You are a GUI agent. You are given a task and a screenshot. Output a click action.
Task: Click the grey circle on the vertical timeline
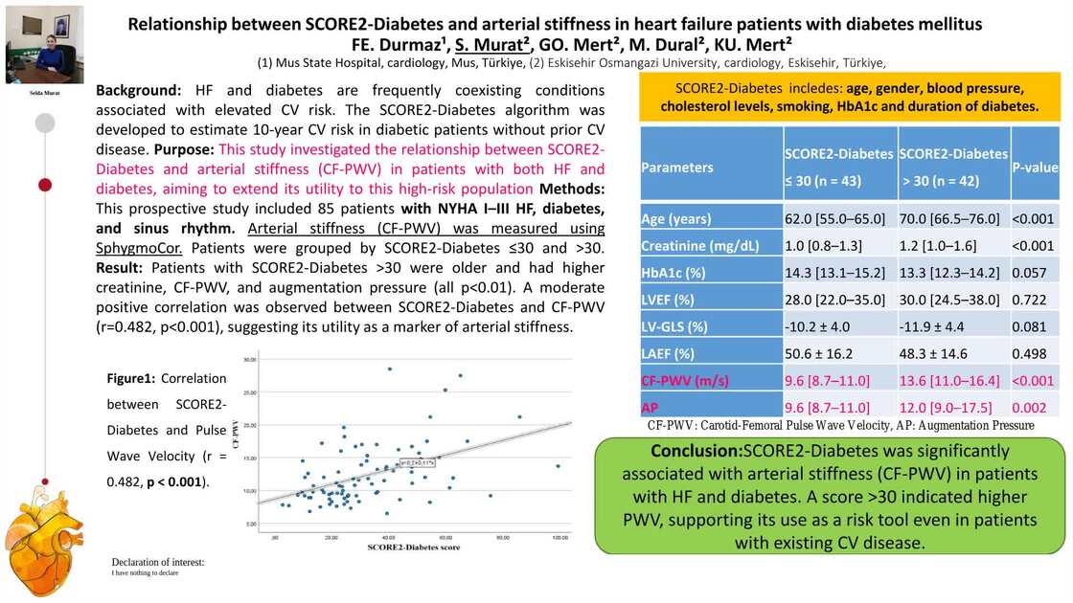[44, 123]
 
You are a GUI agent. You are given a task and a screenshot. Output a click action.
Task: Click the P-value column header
[1035, 167]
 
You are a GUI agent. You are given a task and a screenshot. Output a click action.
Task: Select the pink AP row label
[651, 406]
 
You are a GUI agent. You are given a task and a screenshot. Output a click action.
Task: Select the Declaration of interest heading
[157, 562]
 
